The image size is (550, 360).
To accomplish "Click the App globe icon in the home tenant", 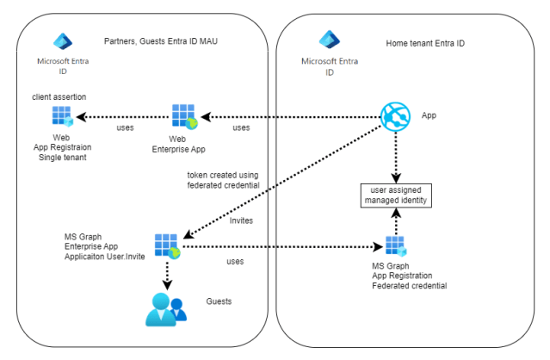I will (x=395, y=117).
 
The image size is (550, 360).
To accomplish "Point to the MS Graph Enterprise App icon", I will (x=167, y=246).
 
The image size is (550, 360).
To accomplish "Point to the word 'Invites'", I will (x=242, y=220).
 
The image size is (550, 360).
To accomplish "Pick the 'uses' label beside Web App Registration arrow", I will (x=125, y=128).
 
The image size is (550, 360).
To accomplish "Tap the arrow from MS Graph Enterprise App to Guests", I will (x=167, y=274).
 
